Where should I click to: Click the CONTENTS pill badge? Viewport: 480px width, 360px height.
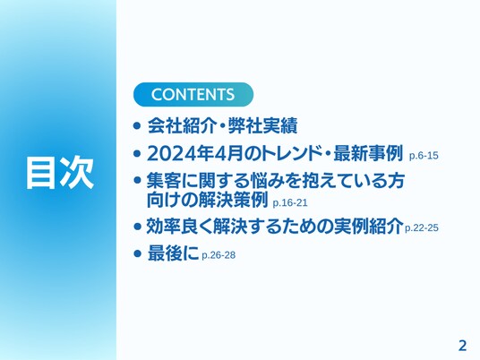coord(193,94)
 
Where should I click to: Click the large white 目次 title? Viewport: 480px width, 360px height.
coord(60,172)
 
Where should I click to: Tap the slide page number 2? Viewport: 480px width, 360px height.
coord(462,346)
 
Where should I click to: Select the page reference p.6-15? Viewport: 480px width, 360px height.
coord(424,156)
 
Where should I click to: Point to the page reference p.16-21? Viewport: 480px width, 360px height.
coord(290,203)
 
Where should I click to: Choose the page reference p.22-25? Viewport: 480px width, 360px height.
coord(422,227)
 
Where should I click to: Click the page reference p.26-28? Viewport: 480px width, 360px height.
coord(219,255)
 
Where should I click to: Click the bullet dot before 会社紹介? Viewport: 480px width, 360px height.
coord(137,125)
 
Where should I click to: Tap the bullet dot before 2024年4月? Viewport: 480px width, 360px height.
coord(137,153)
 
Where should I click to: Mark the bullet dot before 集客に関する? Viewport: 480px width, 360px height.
coord(137,180)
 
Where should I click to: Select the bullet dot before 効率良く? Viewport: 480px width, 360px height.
coord(137,227)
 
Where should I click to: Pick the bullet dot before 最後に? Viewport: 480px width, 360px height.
coord(137,253)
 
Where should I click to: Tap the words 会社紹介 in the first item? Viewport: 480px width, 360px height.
coord(182,125)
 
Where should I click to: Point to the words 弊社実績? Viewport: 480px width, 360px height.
coord(262,125)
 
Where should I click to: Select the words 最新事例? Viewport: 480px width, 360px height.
coord(368,153)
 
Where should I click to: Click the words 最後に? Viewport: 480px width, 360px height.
coord(173,253)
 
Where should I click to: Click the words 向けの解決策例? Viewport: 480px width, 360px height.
coord(208,200)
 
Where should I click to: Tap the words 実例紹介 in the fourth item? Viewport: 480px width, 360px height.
coord(368,227)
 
